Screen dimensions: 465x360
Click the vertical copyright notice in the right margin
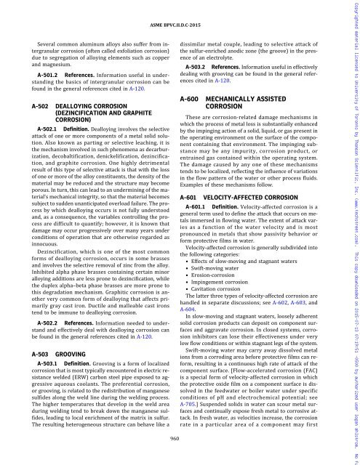tap(353, 232)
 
